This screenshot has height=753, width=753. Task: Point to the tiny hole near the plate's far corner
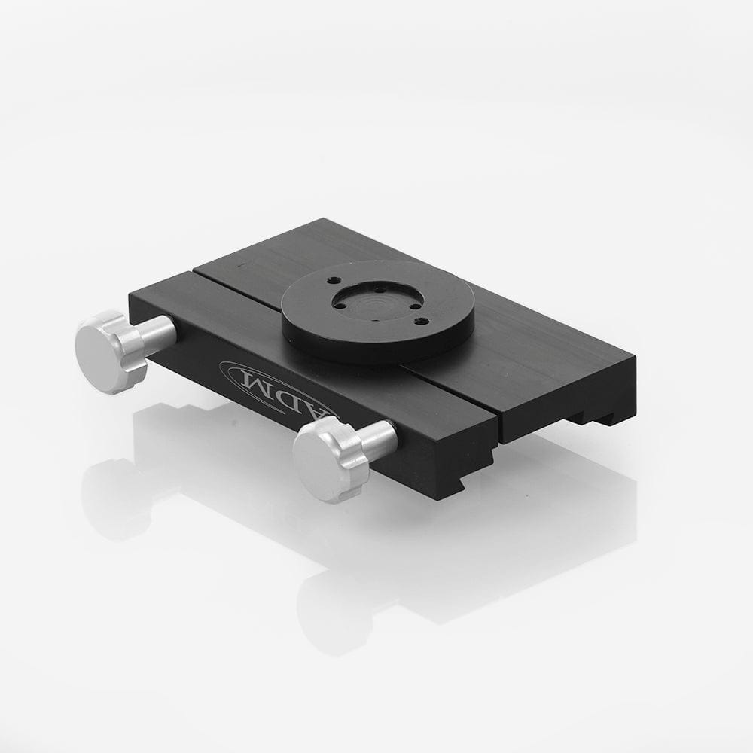click(239, 265)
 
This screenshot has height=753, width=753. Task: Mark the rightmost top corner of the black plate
click(635, 361)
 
